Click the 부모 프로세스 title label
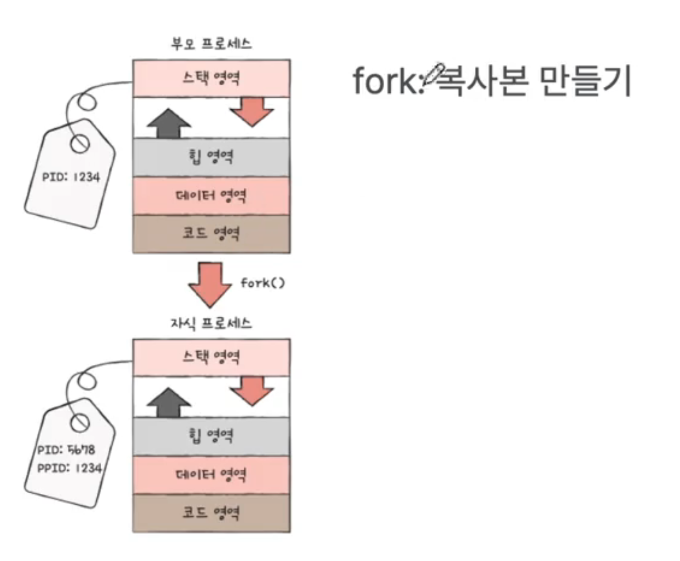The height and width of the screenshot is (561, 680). coord(211,43)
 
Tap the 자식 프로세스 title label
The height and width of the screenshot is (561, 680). coord(211,323)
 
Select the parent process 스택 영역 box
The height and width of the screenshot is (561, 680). coord(211,78)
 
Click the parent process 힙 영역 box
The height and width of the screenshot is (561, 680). coord(211,157)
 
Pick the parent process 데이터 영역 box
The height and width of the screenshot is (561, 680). coord(211,196)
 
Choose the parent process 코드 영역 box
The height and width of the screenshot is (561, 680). coord(211,233)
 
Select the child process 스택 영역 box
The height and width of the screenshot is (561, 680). coord(211,357)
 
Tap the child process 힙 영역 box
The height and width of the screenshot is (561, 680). coord(211,436)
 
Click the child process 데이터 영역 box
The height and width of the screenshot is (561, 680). coord(211,475)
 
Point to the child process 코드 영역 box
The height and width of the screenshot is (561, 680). coord(211,513)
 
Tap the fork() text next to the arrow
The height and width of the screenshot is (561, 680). coord(262,283)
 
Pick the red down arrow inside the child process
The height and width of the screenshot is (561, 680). coord(251,391)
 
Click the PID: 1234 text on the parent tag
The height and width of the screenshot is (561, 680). coord(71,177)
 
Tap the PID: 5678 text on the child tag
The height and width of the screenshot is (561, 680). coord(66,449)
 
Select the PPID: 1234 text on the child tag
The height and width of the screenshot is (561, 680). coord(70,468)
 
